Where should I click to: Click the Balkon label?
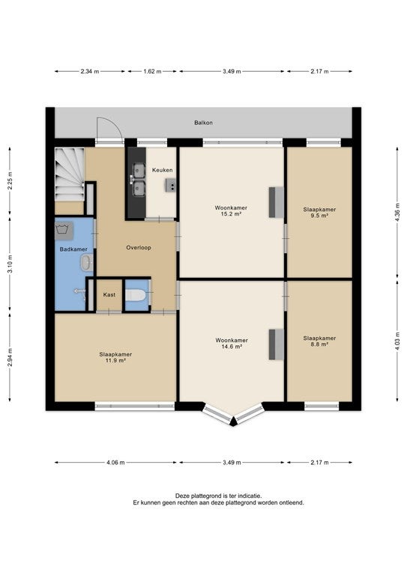pos(203,123)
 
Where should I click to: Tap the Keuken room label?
pos(162,170)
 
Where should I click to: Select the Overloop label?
pos(139,248)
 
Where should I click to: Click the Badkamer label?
pos(73,249)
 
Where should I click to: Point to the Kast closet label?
pos(109,295)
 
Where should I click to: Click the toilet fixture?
pos(135,295)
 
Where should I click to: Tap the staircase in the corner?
pos(70,174)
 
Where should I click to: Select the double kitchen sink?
pos(139,180)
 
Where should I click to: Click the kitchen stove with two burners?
pos(171,186)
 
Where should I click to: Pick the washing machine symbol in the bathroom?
pos(64,231)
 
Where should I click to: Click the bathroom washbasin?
pos(87,263)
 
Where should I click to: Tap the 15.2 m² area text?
pos(231,214)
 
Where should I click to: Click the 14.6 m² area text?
pos(231,346)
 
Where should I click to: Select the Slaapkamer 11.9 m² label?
pos(115,358)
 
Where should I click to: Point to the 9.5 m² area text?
pos(319,216)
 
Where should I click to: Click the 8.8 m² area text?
pos(319,344)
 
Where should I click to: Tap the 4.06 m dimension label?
pos(115,463)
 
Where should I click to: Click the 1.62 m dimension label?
pos(152,72)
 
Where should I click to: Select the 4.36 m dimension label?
pos(397,212)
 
